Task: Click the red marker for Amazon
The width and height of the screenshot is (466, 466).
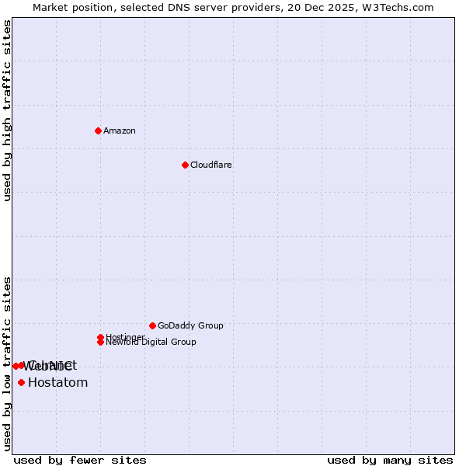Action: [98, 130]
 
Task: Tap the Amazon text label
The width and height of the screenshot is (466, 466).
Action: [120, 130]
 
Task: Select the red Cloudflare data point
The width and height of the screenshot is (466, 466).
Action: [185, 165]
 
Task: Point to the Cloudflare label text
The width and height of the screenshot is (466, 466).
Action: [211, 165]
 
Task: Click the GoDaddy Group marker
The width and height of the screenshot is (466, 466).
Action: [152, 325]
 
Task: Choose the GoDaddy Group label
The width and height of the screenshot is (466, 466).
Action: [190, 326]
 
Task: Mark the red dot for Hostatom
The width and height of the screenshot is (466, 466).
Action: [21, 382]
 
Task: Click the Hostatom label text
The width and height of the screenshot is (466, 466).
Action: [57, 382]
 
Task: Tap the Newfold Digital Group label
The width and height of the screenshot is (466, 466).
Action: [151, 342]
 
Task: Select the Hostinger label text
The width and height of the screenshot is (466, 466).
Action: [125, 337]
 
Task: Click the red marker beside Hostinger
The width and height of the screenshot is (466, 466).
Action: [100, 337]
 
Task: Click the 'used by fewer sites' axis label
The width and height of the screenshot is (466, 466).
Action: [80, 460]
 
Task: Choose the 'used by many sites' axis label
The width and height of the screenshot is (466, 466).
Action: [390, 460]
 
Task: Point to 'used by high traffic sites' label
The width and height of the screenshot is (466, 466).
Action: [7, 110]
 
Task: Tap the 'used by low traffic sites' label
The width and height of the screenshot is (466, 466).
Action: [7, 363]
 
